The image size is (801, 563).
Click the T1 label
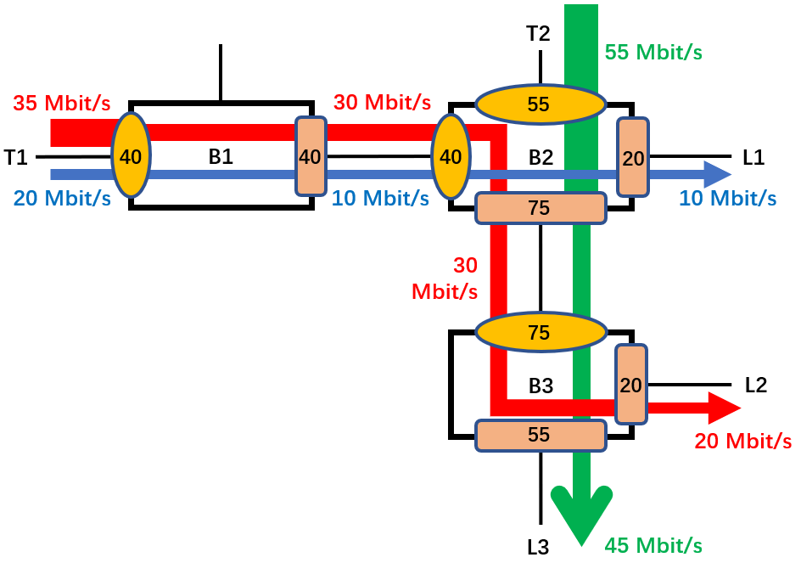point(16,156)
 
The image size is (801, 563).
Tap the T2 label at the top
point(538,34)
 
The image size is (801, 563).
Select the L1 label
point(753,156)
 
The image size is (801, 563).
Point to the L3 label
point(539,547)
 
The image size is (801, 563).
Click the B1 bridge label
point(221,156)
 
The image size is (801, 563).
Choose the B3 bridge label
point(541,386)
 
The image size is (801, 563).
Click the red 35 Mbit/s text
point(61,104)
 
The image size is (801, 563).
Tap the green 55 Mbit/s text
point(653,51)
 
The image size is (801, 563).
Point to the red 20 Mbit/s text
point(742,441)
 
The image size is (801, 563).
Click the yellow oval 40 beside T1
point(132,156)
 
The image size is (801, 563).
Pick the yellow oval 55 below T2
point(540,104)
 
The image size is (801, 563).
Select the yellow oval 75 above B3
point(540,332)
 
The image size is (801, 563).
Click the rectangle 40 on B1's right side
point(310,156)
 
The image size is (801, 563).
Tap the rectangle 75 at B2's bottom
point(540,208)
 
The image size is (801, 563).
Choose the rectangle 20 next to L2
point(630,385)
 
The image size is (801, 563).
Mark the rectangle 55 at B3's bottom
point(540,435)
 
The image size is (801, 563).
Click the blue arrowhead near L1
point(716,175)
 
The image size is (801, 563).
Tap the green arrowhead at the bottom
point(582,518)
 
